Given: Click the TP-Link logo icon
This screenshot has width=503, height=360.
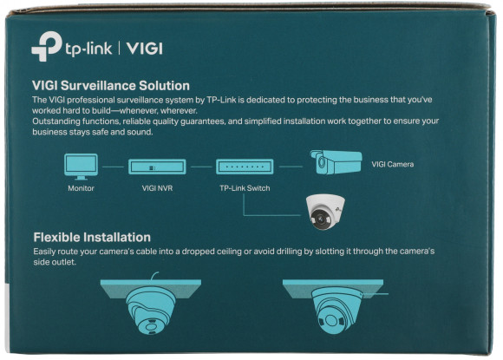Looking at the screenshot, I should coord(44,49).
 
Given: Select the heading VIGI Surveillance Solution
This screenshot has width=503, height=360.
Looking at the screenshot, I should coord(111,86).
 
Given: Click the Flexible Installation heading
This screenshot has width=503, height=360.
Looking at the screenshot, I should coord(92,237).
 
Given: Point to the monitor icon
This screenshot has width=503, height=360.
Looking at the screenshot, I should coord(82,164).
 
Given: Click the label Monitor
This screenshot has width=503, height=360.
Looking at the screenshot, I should coord(82,187).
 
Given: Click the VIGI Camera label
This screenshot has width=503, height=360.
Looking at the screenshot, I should coord(393,164).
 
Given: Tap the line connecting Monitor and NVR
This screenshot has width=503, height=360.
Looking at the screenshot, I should coord(114,166).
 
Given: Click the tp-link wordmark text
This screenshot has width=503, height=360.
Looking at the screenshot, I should coord(87,49).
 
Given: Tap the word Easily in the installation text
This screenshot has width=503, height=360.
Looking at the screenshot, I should coord(47,252).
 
